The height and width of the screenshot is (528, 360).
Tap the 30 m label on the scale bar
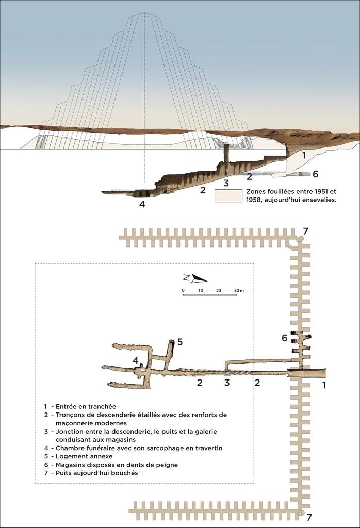click(x=239, y=291)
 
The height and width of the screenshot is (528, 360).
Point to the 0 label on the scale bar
click(x=183, y=291)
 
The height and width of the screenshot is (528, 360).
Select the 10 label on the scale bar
click(x=201, y=291)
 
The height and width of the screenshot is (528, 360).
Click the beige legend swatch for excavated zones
click(x=228, y=195)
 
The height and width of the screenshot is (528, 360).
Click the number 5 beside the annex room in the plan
click(x=180, y=341)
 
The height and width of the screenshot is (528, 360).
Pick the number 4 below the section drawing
click(x=142, y=204)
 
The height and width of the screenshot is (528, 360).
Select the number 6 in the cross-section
click(x=315, y=174)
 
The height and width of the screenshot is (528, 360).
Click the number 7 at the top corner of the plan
click(x=305, y=231)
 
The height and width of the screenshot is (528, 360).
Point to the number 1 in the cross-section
click(x=304, y=155)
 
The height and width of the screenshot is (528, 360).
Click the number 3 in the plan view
click(x=226, y=383)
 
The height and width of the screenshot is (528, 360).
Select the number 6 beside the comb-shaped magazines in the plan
click(x=284, y=338)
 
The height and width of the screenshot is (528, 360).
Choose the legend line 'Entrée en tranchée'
click(x=83, y=406)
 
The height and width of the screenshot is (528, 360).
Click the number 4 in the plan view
click(x=135, y=360)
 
